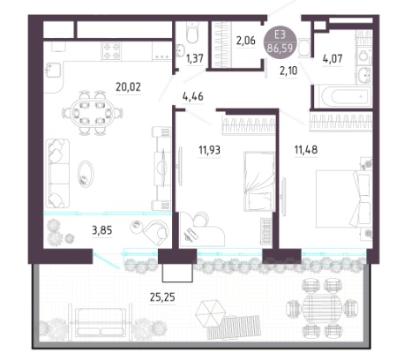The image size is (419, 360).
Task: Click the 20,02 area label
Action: click(128, 87)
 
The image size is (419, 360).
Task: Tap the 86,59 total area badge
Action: click(281, 48)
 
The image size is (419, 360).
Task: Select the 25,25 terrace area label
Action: click(162, 297)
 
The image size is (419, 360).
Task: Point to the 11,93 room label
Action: click(209, 150)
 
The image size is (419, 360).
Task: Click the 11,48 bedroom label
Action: click(306, 150)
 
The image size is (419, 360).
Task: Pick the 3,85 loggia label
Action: click(102, 230)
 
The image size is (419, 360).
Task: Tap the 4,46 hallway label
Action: click(193, 96)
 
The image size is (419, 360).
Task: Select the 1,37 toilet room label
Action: click(195, 58)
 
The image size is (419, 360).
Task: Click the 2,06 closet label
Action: click(246, 41)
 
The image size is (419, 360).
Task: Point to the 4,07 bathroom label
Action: click(333, 59)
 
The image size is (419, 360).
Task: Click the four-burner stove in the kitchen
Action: click(111, 51)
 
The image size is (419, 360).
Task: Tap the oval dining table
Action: click(93, 113)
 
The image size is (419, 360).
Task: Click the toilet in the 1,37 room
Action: click(192, 33)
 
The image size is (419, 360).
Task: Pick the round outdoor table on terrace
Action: click(322, 309)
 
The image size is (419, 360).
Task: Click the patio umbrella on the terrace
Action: click(211, 313)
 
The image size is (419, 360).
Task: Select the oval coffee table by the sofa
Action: click(86, 174)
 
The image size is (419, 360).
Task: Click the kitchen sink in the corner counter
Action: click(53, 71)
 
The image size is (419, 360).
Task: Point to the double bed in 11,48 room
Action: click(343, 199)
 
